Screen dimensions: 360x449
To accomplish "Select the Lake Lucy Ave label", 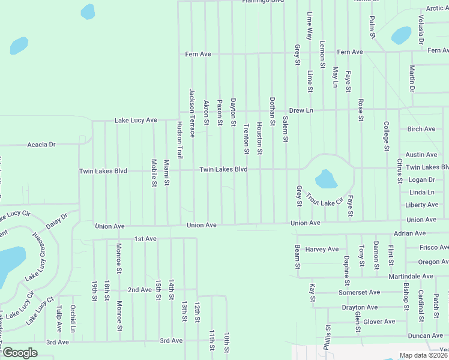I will (x=136, y=121).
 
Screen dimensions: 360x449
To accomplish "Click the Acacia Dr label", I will (x=41, y=145).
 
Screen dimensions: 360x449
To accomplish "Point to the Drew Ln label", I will (x=301, y=110).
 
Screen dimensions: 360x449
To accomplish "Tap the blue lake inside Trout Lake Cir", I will (x=325, y=179).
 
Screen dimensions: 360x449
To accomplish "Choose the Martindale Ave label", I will (x=411, y=276).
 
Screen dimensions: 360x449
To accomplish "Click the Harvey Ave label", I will (x=322, y=249).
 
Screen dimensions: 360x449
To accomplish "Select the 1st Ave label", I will (x=145, y=239).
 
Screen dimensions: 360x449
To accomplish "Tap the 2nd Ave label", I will (x=140, y=290).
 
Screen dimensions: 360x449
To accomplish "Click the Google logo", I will (x=20, y=353).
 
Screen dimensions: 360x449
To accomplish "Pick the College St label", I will (x=386, y=136).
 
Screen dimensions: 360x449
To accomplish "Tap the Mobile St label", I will (x=154, y=173).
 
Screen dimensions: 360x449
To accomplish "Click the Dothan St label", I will (x=272, y=111).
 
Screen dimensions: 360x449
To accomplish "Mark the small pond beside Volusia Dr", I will (x=401, y=36).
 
